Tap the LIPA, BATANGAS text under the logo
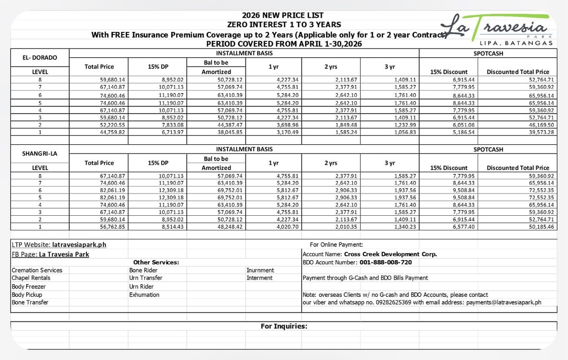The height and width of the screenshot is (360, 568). [516, 43]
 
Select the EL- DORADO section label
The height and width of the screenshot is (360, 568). [39, 58]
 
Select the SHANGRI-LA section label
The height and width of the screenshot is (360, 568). [39, 154]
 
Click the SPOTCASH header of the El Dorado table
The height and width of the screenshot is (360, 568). [488, 53]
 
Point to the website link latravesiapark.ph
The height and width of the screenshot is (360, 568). [79, 245]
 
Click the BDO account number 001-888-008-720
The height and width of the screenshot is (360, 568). [386, 262]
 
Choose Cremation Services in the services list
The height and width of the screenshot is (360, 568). [37, 270]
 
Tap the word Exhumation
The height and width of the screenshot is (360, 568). [144, 295]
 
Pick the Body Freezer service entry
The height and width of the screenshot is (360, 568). [28, 287]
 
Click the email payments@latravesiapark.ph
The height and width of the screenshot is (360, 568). [504, 302]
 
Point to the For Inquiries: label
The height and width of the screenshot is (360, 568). [284, 326]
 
